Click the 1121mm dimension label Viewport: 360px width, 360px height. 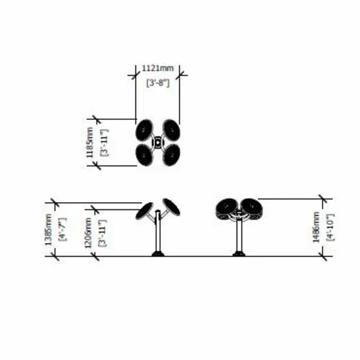coord(158,68)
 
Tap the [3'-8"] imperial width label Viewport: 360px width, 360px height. coord(158,83)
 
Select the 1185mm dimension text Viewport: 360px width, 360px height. coord(90,142)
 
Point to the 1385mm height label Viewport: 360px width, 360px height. coord(48,229)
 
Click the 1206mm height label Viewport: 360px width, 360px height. coord(88,233)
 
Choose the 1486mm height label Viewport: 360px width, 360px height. coord(316,227)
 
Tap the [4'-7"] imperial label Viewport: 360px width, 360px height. coord(63,229)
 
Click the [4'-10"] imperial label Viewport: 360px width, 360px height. coord(330,227)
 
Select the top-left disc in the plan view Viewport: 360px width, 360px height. coord(144,130)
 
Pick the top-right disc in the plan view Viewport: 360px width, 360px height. coord(171,130)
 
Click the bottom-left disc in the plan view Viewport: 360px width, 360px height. coord(144,155)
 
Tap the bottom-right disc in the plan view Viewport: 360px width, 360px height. coord(171,155)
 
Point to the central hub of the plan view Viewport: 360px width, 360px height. coord(158,143)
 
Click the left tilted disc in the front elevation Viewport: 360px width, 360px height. coord(144,211)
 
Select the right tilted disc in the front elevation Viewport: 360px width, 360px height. coord(171,207)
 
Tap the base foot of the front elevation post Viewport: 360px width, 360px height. coord(158,254)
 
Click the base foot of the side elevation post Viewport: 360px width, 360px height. coord(239,254)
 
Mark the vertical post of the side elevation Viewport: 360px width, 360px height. coord(239,236)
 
